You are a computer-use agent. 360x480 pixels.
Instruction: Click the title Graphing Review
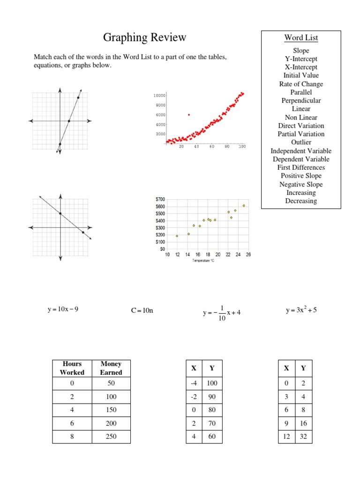click(x=144, y=37)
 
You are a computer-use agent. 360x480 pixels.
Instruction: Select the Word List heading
click(x=301, y=37)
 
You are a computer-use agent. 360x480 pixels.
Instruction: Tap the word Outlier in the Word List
click(x=301, y=142)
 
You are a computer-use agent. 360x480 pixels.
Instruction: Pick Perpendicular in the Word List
click(x=301, y=100)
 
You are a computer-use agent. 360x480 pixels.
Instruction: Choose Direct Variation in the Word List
click(x=301, y=126)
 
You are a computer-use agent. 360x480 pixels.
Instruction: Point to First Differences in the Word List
click(x=301, y=167)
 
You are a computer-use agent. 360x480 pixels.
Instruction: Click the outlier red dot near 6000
click(x=189, y=114)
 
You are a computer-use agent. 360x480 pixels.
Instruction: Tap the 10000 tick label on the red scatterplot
click(x=159, y=96)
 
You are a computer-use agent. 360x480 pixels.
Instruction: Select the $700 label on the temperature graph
click(x=160, y=199)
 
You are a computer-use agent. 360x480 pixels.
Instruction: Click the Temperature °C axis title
click(x=203, y=261)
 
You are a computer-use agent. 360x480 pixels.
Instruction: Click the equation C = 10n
click(x=142, y=310)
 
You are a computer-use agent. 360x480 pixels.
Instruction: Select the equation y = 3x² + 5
click(x=301, y=310)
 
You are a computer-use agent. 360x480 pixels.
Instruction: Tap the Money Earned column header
click(x=111, y=368)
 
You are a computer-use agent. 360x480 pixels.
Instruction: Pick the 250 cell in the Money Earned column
click(x=111, y=436)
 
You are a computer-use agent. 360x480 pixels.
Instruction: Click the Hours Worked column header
click(x=72, y=368)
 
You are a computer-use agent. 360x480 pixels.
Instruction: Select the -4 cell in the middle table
click(x=193, y=383)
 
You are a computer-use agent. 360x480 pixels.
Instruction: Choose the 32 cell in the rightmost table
click(x=304, y=436)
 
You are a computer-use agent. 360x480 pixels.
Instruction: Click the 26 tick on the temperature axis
click(x=248, y=255)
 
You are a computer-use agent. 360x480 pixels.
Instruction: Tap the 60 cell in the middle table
click(x=212, y=436)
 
